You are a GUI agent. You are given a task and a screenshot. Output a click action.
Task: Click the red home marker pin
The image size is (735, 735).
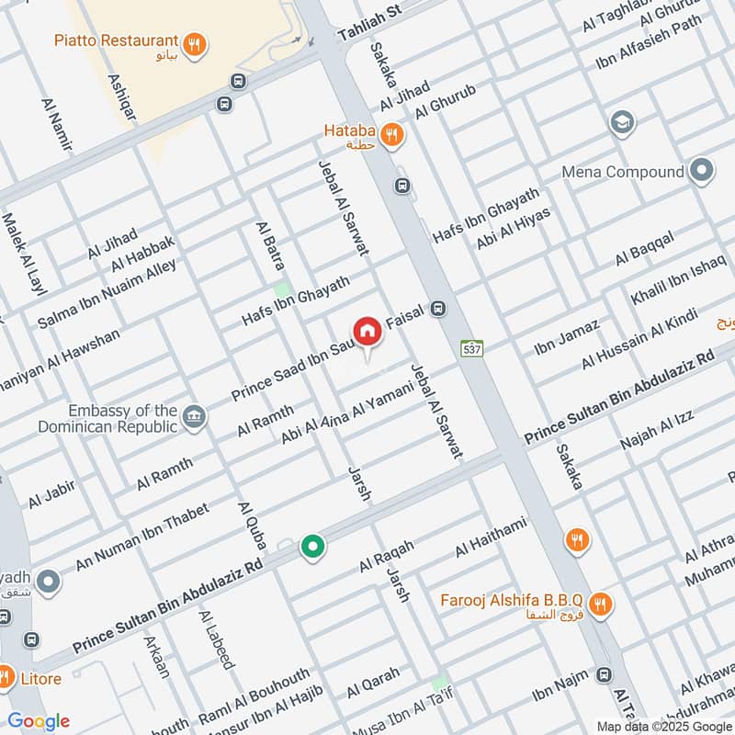367,332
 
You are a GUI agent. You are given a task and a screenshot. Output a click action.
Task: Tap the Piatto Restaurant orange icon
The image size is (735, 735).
193,42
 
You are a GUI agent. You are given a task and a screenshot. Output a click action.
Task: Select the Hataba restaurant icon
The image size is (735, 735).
392,136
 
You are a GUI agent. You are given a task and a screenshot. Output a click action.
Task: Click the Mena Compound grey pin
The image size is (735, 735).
702,171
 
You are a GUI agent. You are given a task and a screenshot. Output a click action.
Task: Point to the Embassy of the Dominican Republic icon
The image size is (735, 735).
194,417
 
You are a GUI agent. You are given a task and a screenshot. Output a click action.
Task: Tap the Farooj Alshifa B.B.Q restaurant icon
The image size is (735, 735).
600,604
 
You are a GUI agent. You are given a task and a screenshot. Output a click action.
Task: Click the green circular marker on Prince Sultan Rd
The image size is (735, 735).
313,547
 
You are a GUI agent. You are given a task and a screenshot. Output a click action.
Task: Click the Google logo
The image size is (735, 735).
39,721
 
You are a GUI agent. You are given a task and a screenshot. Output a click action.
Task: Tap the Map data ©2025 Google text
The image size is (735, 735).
661,725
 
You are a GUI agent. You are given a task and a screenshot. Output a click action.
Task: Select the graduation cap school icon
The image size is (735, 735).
622,123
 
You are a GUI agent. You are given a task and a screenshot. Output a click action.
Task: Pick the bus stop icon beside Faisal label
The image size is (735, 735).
439,310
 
